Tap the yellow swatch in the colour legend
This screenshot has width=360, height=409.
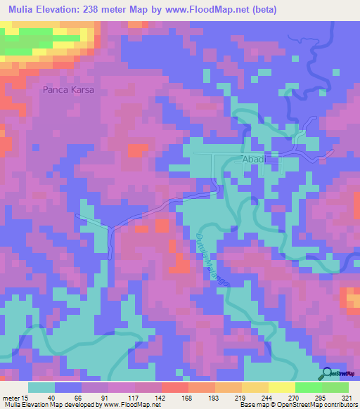tap(282, 387)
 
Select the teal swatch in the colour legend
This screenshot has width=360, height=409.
tap(41, 387)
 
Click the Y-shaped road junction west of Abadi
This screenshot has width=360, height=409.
tap(110, 228)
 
